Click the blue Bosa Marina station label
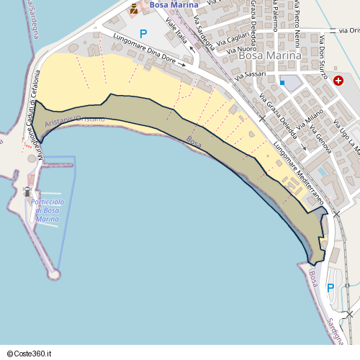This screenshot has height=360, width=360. pyautogui.click(x=173, y=6)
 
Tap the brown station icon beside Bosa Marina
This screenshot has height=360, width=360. pyautogui.click(x=133, y=9)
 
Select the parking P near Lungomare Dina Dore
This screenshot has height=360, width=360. pyautogui.click(x=143, y=33)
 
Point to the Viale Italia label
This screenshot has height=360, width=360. pyautogui.click(x=176, y=34)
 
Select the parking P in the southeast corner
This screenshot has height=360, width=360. pyautogui.click(x=330, y=287)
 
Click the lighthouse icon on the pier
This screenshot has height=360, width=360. pyautogui.click(x=27, y=192)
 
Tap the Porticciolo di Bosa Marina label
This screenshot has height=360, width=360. pyautogui.click(x=47, y=210)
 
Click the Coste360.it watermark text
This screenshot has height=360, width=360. pyautogui.click(x=33, y=353)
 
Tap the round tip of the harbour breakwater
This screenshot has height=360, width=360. pyautogui.click(x=54, y=274)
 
